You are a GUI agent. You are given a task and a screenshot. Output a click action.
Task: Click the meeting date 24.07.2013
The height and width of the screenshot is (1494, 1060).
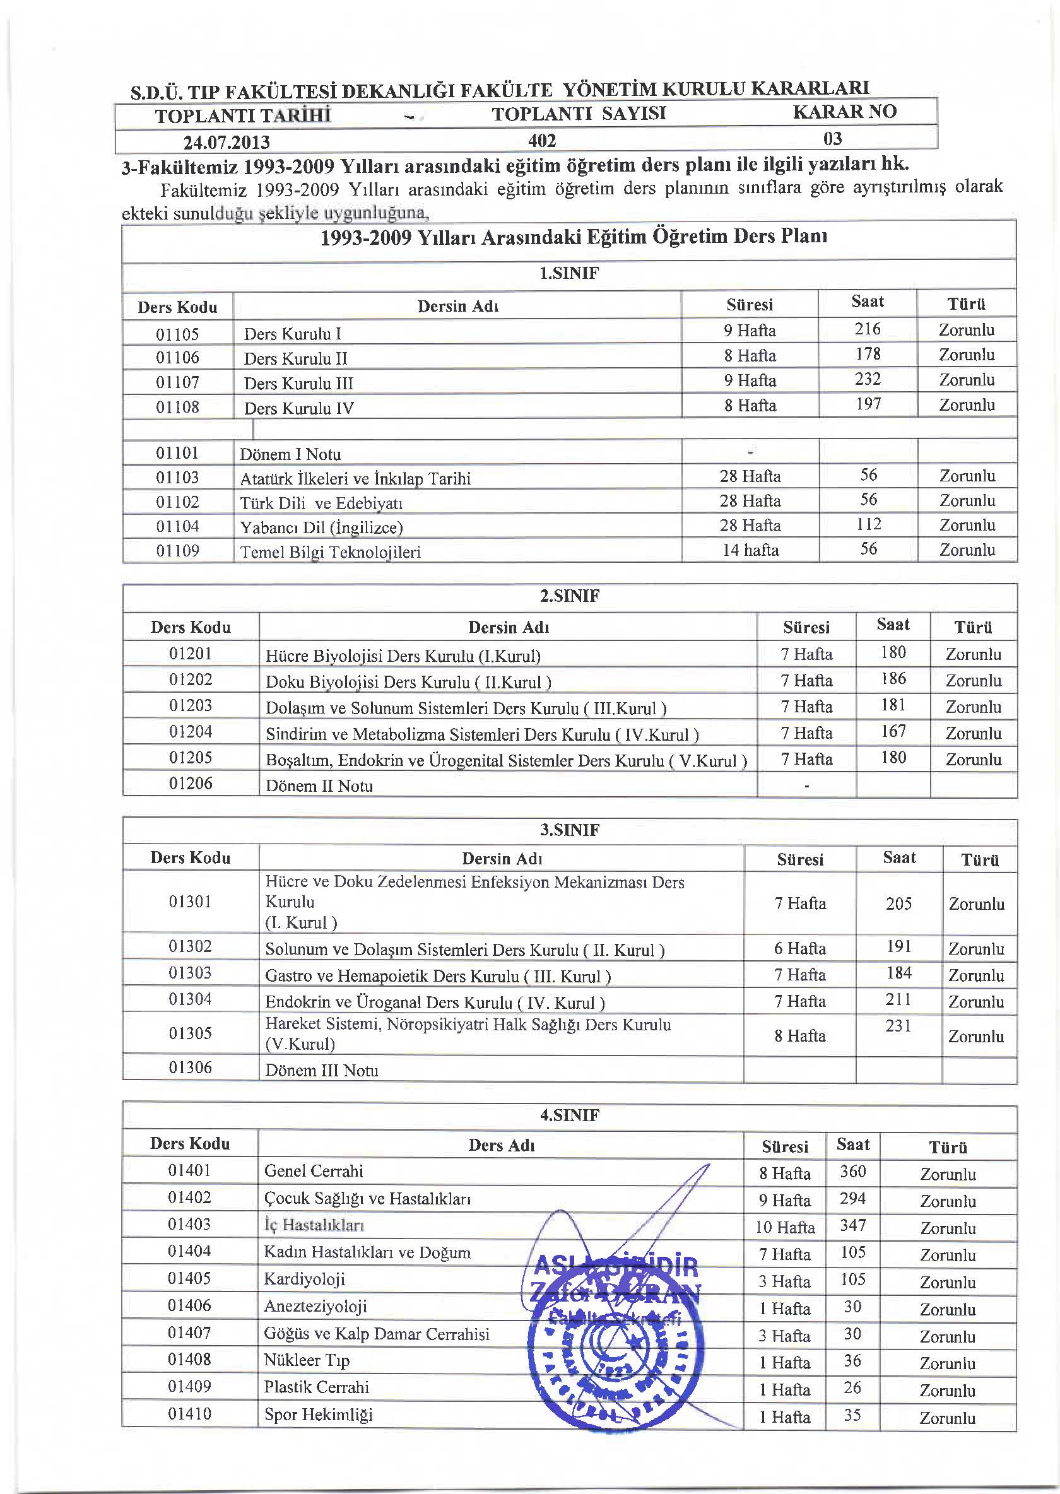pyautogui.click(x=227, y=141)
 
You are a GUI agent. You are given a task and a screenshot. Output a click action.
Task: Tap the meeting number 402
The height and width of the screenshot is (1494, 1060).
pyautogui.click(x=542, y=140)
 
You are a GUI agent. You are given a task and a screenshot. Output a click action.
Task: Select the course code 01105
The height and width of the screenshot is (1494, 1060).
pyautogui.click(x=177, y=334)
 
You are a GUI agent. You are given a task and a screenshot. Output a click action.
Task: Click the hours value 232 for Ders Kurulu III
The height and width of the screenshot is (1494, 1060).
pyautogui.click(x=868, y=379)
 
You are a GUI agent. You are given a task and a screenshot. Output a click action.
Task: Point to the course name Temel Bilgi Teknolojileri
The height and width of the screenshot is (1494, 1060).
pyautogui.click(x=330, y=552)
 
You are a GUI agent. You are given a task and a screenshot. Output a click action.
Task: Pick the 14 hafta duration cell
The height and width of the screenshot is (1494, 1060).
pyautogui.click(x=750, y=550)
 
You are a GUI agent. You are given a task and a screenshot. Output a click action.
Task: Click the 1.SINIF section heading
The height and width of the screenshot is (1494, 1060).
pyautogui.click(x=568, y=273)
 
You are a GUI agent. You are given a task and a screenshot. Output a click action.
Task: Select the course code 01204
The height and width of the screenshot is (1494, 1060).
pyautogui.click(x=191, y=731)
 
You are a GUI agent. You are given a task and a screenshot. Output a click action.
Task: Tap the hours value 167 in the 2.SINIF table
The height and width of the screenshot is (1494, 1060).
pyautogui.click(x=893, y=731)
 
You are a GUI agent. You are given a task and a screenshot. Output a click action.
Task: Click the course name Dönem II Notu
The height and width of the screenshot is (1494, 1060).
pyautogui.click(x=319, y=786)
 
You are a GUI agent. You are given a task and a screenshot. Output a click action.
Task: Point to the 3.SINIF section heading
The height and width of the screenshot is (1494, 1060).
pyautogui.click(x=569, y=830)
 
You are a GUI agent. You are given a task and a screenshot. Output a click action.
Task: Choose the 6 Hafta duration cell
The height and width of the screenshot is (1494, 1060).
pyautogui.click(x=799, y=948)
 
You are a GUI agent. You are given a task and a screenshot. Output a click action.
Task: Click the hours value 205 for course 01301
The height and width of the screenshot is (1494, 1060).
pyautogui.click(x=898, y=903)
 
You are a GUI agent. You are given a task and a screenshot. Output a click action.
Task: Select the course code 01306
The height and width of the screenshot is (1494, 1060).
pyautogui.click(x=190, y=1067)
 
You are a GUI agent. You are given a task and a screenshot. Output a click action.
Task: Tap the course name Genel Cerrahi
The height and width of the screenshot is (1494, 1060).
pyautogui.click(x=314, y=1171)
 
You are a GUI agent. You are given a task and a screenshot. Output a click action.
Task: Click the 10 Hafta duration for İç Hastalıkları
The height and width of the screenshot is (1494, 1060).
pyautogui.click(x=784, y=1227)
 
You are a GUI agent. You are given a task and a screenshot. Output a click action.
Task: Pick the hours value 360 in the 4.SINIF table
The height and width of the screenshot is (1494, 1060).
pyautogui.click(x=852, y=1172)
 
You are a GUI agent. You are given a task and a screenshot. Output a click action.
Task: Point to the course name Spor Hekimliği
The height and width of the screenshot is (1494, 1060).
pyautogui.click(x=318, y=1415)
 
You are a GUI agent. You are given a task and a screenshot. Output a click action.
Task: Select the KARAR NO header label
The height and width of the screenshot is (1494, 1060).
pyautogui.click(x=845, y=112)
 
